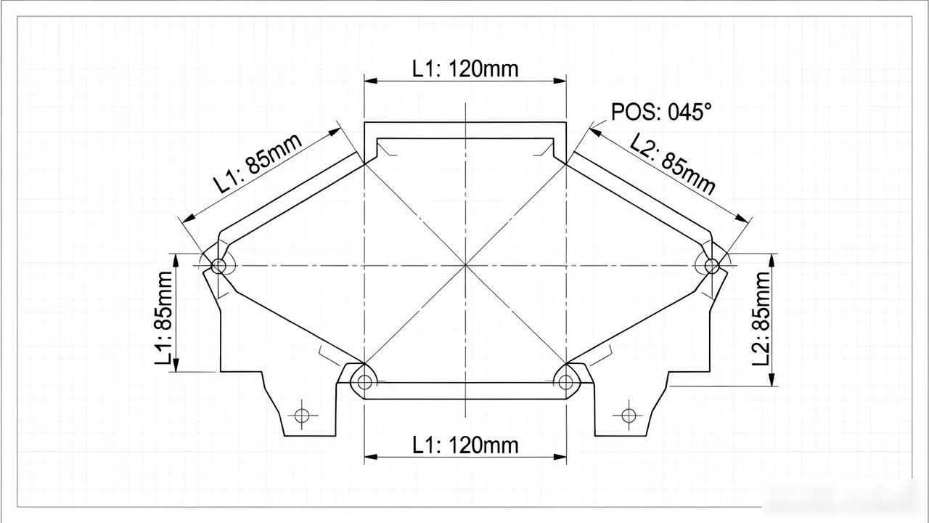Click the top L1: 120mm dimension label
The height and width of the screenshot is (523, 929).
(x=465, y=69)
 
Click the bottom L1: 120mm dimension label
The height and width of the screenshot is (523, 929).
(x=465, y=445)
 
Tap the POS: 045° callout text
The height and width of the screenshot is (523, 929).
(x=661, y=112)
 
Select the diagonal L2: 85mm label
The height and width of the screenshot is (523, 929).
(x=672, y=164)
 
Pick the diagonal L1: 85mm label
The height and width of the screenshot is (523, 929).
(x=257, y=163)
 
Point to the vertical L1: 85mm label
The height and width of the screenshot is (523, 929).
(x=163, y=318)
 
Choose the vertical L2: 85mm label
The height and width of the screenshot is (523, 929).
(x=761, y=319)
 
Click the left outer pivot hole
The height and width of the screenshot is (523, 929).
(x=218, y=266)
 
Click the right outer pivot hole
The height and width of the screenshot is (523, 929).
(x=712, y=266)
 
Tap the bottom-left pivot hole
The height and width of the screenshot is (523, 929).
(x=364, y=382)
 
